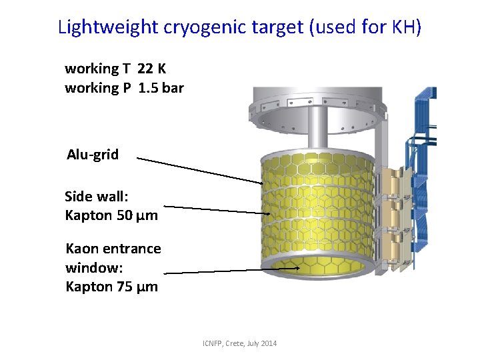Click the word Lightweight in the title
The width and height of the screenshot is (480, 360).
109,27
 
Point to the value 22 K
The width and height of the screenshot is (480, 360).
152,69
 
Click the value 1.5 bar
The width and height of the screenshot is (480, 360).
161,88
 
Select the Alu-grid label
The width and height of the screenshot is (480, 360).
93,155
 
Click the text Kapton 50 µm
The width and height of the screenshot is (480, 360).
111,215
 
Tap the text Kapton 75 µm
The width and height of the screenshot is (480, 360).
111,287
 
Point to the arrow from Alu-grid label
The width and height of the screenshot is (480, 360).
200,170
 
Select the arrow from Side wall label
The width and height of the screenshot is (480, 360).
213,209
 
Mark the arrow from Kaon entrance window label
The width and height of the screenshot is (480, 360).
227,271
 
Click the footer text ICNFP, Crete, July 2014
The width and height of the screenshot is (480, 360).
240,343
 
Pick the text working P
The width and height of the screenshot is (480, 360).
97,88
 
